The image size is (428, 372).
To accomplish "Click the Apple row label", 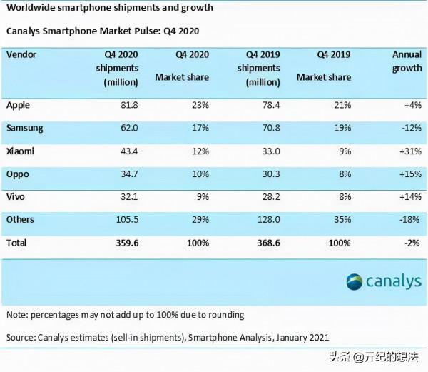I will tap(18, 105).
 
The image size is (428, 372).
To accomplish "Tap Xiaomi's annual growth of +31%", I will tap(409, 151).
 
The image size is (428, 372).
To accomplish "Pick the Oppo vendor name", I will tap(18, 174).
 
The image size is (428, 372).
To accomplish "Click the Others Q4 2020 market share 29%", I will tap(200, 220).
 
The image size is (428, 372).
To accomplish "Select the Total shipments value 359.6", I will tap(125, 243).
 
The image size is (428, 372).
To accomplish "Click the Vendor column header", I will tap(21, 54).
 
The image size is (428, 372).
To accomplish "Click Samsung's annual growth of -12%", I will tap(409, 129).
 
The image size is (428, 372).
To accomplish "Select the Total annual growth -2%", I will tap(412, 243).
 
